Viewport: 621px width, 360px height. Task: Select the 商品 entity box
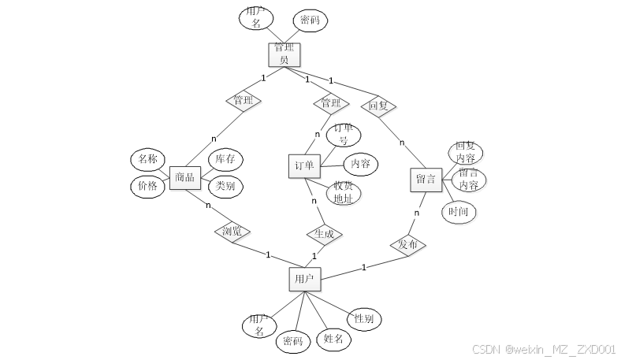pyautogui.click(x=185, y=177)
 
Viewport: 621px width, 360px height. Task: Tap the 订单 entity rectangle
pyautogui.click(x=304, y=165)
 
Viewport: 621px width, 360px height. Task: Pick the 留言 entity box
pyautogui.click(x=426, y=179)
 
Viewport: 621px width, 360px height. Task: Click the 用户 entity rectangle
pyautogui.click(x=303, y=279)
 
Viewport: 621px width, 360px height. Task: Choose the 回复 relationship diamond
pyautogui.click(x=377, y=105)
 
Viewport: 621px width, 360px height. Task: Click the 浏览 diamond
pyautogui.click(x=232, y=232)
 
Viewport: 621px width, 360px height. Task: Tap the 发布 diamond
pyautogui.click(x=407, y=245)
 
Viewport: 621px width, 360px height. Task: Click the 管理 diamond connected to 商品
pyautogui.click(x=244, y=100)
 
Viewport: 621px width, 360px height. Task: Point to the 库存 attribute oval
pyautogui.click(x=225, y=160)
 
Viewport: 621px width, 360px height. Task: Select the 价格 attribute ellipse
pyautogui.click(x=147, y=186)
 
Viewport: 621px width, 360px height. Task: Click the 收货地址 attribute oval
pyautogui.click(x=343, y=192)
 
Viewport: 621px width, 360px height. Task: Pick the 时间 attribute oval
pyautogui.click(x=459, y=211)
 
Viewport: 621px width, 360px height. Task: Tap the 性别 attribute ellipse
pyautogui.click(x=363, y=319)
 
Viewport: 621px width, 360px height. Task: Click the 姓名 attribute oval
pyautogui.click(x=333, y=340)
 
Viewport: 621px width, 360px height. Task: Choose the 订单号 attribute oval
pyautogui.click(x=343, y=134)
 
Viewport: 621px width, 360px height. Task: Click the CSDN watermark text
pyautogui.click(x=543, y=349)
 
